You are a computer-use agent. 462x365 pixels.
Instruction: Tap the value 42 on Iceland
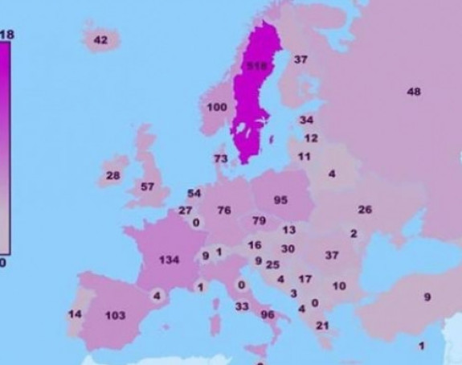(x=100, y=40)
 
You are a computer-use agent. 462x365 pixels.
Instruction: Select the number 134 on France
(x=169, y=260)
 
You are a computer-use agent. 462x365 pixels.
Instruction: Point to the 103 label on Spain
(x=116, y=315)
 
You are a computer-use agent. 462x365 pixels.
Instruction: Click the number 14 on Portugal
(x=74, y=314)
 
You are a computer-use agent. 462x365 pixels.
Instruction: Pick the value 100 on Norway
(x=217, y=107)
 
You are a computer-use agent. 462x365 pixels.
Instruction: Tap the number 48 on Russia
(x=414, y=92)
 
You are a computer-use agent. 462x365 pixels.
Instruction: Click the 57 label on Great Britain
(x=147, y=187)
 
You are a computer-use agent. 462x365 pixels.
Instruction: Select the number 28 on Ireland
(x=112, y=175)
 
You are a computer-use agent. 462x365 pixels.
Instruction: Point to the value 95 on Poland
(x=280, y=200)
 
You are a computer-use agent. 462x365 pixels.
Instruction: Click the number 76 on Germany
(x=224, y=211)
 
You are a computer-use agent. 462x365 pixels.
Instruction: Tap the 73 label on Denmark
(x=221, y=158)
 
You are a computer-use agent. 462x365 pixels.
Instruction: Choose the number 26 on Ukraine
(x=365, y=210)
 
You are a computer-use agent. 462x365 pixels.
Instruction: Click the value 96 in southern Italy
(x=268, y=314)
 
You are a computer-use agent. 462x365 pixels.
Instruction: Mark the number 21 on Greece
(x=322, y=325)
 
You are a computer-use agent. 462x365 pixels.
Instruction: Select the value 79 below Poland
(x=259, y=220)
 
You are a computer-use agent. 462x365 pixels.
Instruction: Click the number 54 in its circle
(x=194, y=194)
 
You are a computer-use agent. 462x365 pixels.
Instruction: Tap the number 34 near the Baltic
(x=306, y=120)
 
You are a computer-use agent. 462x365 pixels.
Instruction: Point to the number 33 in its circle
(x=241, y=306)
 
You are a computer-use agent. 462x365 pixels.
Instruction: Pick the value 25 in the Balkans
(x=272, y=265)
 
